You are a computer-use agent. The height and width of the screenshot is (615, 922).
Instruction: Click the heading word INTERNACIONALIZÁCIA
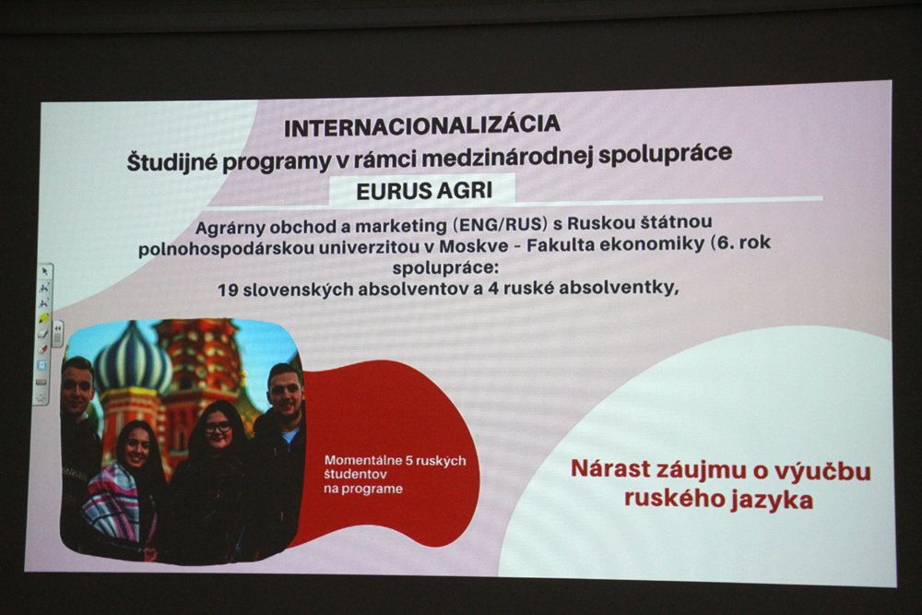421,125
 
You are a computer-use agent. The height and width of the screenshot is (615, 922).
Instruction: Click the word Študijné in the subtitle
172,161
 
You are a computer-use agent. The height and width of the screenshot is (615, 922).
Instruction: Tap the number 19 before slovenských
227,290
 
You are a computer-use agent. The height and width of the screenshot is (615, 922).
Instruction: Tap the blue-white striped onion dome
133,359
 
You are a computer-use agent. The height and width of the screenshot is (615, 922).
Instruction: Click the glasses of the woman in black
218,428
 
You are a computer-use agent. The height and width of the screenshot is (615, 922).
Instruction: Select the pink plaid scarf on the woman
112,502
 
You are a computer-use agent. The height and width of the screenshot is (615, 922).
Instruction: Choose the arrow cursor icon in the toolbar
44,272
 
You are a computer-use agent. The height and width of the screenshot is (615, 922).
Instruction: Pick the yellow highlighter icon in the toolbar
44,318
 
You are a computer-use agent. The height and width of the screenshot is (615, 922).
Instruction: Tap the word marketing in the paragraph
401,227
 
